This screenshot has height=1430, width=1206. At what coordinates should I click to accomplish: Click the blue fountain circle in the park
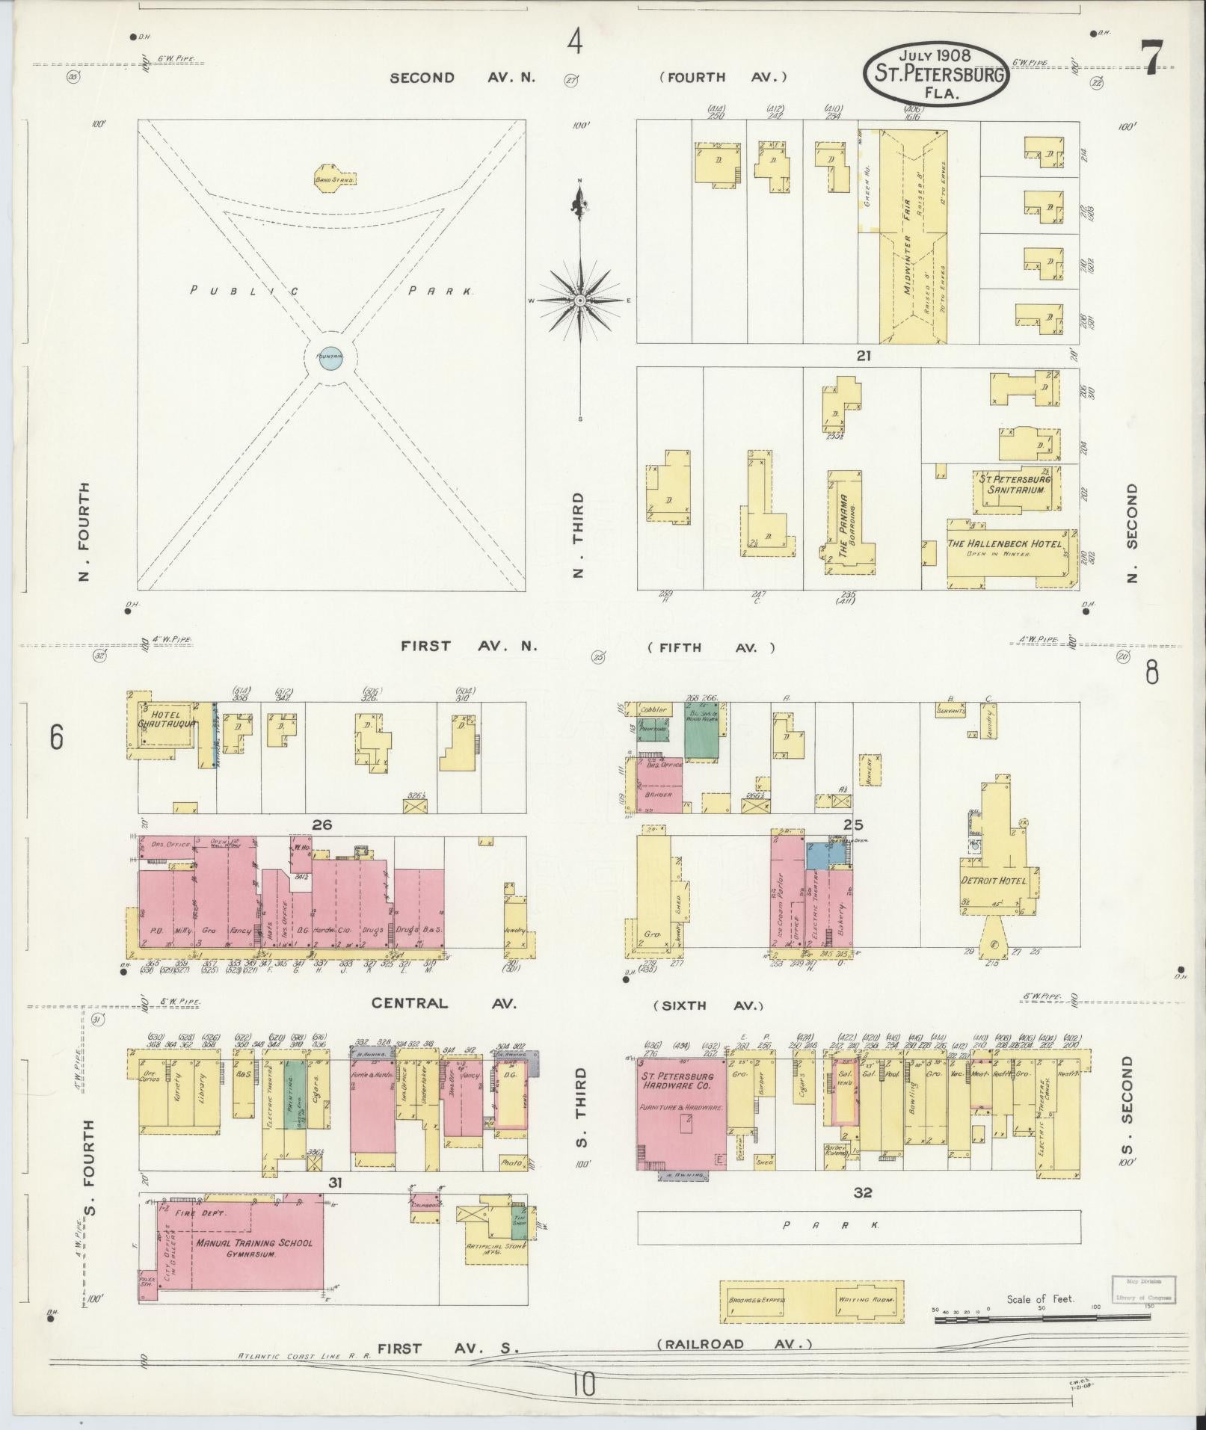[330, 357]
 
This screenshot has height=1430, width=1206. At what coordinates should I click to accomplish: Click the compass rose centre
[579, 300]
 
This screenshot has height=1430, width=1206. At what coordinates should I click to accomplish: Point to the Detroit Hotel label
[994, 881]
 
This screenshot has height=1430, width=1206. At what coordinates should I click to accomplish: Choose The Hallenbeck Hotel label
[1004, 544]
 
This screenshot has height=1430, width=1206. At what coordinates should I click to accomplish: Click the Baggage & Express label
[757, 1300]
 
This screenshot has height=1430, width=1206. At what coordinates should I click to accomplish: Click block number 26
[322, 825]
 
